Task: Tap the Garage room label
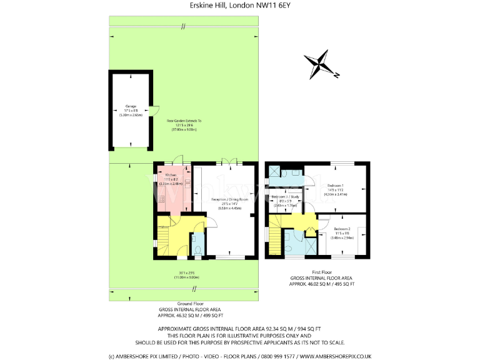pyautogui.click(x=131, y=106)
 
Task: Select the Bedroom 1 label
pyautogui.click(x=334, y=186)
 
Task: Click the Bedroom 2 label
pyautogui.click(x=342, y=229)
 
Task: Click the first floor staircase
pyautogui.click(x=276, y=241)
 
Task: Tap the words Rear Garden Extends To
pyautogui.click(x=184, y=121)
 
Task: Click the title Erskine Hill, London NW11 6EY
pyautogui.click(x=239, y=6)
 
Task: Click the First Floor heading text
pyautogui.click(x=321, y=272)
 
